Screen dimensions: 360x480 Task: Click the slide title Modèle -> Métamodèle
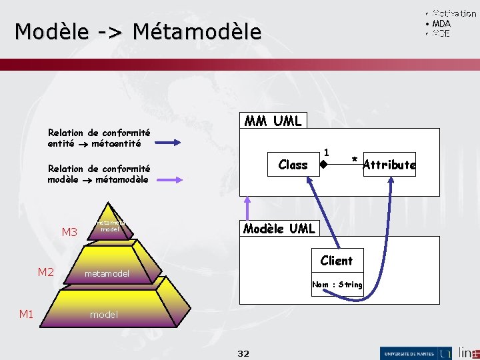(138, 31)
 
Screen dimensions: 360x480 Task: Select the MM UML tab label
(273, 121)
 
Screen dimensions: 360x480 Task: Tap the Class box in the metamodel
(293, 165)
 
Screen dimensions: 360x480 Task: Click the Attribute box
(389, 165)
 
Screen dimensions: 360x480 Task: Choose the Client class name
(336, 261)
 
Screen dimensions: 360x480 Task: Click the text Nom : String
(337, 285)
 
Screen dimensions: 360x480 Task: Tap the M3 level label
(69, 233)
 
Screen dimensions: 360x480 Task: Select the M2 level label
(45, 271)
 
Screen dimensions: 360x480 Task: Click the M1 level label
(26, 313)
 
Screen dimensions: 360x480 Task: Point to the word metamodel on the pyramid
(107, 273)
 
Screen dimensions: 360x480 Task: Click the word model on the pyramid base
(104, 315)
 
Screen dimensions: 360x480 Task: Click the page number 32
(243, 353)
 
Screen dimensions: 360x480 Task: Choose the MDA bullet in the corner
(441, 23)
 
